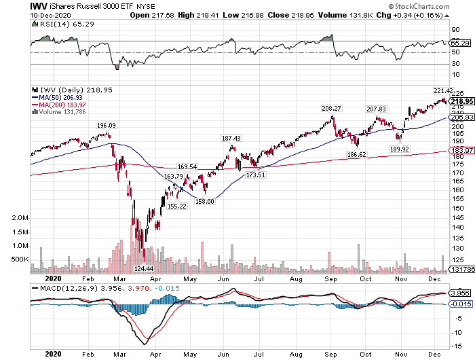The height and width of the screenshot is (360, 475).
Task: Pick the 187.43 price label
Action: [232, 138]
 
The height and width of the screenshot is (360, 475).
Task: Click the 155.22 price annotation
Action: [177, 206]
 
